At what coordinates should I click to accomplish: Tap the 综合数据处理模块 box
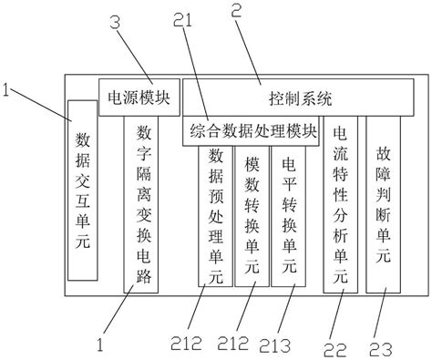[x=252, y=130]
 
